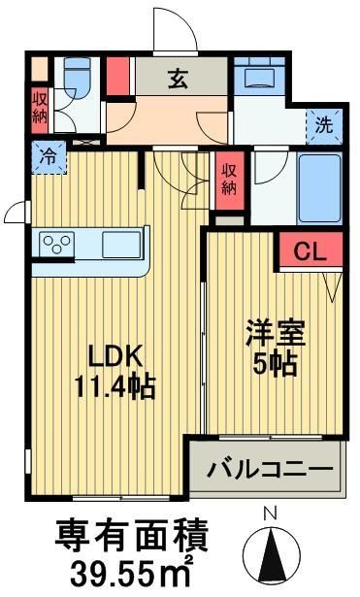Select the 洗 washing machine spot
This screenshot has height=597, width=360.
click(322, 124)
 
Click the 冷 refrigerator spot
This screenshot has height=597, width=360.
click(46, 154)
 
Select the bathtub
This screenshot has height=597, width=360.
click(320, 187)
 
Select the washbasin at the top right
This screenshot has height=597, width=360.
click(258, 77)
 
